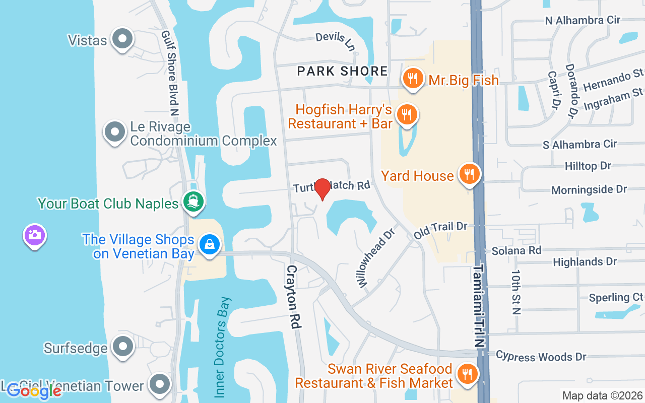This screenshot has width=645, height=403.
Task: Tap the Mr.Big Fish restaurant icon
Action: (413, 79)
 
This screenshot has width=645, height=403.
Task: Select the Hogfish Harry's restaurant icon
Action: (405, 114)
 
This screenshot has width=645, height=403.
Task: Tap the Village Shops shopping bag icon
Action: (209, 245)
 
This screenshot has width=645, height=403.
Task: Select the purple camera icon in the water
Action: (34, 235)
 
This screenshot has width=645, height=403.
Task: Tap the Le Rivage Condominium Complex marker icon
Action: (115, 132)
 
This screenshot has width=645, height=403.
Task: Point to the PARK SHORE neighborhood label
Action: (343, 71)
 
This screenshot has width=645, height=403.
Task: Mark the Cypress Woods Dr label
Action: (541, 356)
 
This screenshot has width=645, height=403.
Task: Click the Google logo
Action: (34, 391)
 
